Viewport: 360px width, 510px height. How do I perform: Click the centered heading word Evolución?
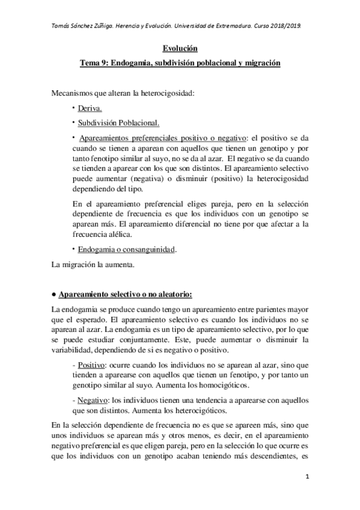point(180,49)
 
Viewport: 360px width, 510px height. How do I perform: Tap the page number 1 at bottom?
point(307,477)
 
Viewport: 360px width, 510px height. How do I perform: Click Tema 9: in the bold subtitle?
point(97,63)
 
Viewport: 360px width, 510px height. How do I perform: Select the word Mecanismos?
point(73,93)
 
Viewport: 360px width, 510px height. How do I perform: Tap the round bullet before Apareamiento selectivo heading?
point(54,295)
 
